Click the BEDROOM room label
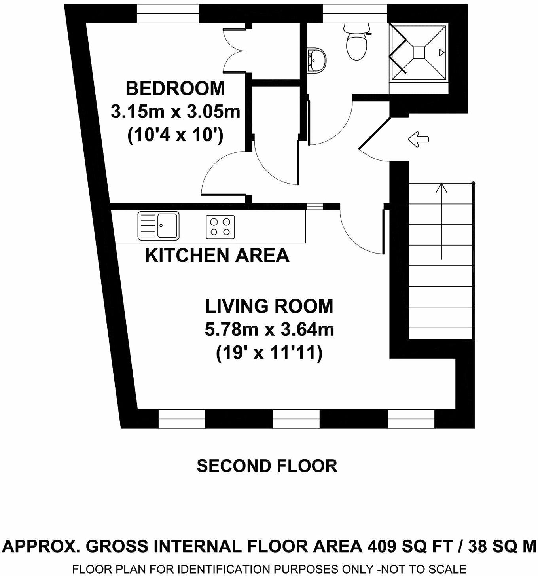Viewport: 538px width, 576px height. (x=175, y=88)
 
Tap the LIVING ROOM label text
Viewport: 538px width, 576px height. (x=269, y=306)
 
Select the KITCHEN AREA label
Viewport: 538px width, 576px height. (x=217, y=255)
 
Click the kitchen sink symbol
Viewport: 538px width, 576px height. (x=158, y=226)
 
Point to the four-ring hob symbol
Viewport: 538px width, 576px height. (x=220, y=227)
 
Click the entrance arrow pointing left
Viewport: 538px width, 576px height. (x=419, y=139)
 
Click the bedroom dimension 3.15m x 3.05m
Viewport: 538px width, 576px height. (x=175, y=112)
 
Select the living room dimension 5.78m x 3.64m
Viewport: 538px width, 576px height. (x=269, y=329)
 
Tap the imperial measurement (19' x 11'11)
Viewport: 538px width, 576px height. (x=269, y=352)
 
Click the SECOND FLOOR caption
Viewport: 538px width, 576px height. (x=267, y=466)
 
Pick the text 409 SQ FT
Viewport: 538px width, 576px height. (x=410, y=546)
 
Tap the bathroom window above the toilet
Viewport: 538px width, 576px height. (x=354, y=14)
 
